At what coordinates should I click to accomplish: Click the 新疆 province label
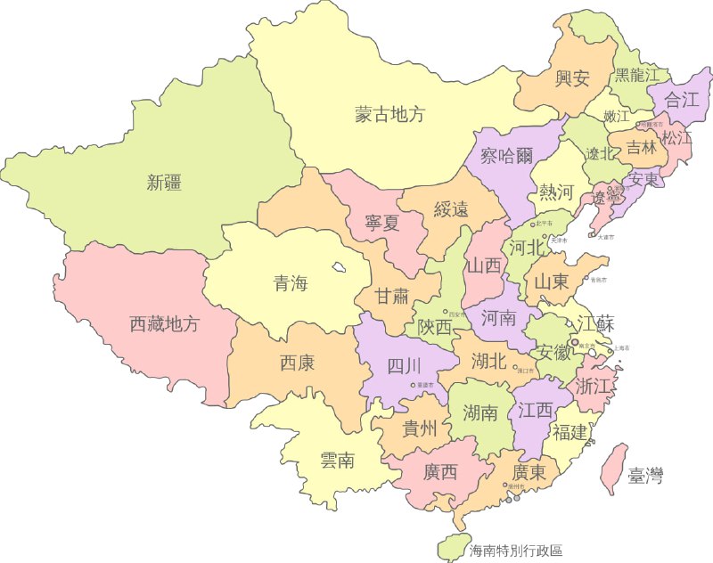tap(164, 184)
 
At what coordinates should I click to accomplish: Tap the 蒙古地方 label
tap(389, 114)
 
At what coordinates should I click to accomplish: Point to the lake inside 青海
tap(340, 266)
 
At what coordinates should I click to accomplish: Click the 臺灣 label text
tap(645, 476)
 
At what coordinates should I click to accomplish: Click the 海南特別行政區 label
tap(516, 551)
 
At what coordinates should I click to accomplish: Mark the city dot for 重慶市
tap(412, 385)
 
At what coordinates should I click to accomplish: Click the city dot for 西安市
tap(446, 312)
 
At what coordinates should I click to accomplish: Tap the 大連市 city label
tap(605, 238)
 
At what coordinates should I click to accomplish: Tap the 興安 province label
tap(572, 78)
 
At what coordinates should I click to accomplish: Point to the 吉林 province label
tap(641, 147)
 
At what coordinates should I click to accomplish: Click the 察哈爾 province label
tap(506, 157)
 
